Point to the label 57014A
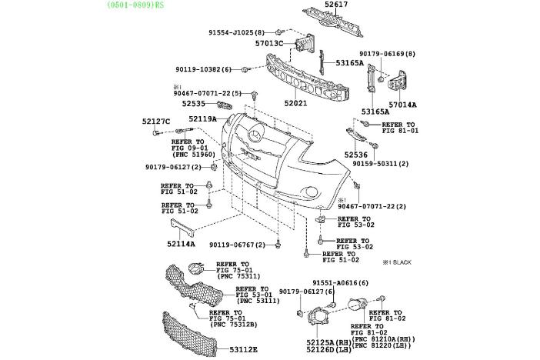(x=402, y=104)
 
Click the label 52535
(x=194, y=103)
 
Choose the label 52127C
(x=155, y=121)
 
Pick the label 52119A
(x=203, y=119)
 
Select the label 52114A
(x=181, y=244)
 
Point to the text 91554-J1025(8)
(x=236, y=32)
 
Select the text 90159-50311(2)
(x=381, y=164)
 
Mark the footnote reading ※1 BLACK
(x=398, y=262)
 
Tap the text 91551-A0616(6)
(x=341, y=283)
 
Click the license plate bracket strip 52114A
(x=183, y=228)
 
